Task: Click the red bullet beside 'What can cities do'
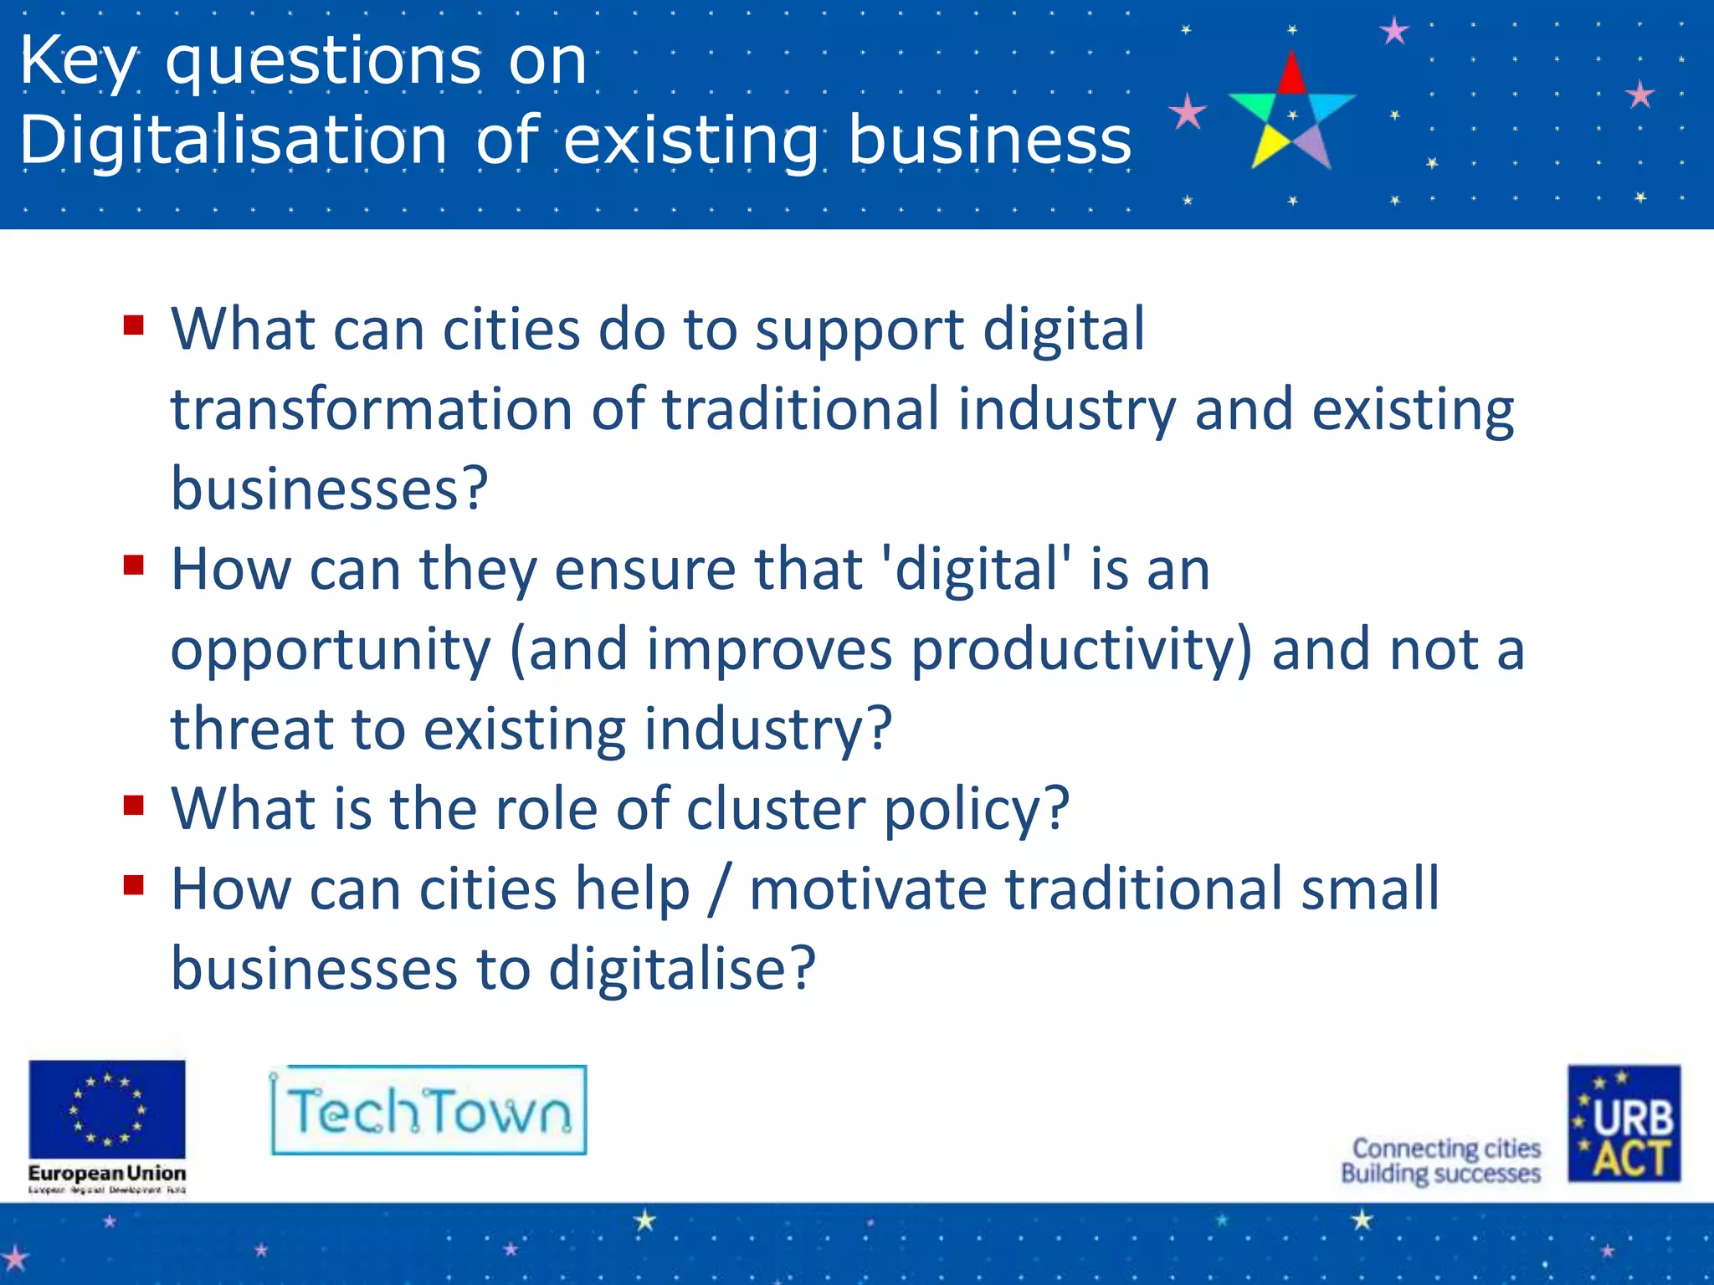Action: pyautogui.click(x=134, y=325)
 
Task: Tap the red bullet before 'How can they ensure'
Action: pyautogui.click(x=134, y=565)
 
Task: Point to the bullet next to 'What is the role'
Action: pyautogui.click(x=134, y=805)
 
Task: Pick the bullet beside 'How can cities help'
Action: pyautogui.click(x=134, y=884)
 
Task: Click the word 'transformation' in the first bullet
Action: pyautogui.click(x=372, y=410)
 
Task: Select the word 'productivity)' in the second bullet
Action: pyautogui.click(x=1081, y=650)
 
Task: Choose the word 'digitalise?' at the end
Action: pyautogui.click(x=681, y=970)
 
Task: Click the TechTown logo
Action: pyautogui.click(x=428, y=1110)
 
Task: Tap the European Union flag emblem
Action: pyautogui.click(x=107, y=1109)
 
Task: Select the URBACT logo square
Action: pyautogui.click(x=1624, y=1123)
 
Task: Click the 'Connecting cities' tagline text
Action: pyautogui.click(x=1446, y=1148)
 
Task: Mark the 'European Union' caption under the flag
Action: pyautogui.click(x=107, y=1173)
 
